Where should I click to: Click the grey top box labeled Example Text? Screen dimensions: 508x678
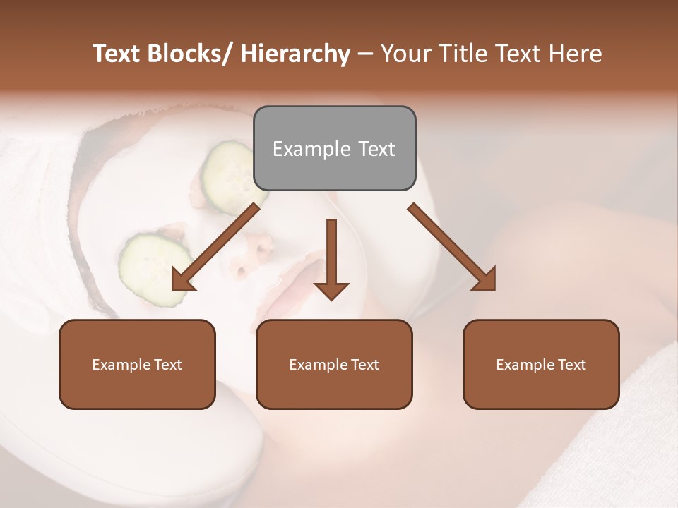click(334, 148)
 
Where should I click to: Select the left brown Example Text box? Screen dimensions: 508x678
click(137, 364)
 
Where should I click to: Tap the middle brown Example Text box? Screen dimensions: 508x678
click(334, 364)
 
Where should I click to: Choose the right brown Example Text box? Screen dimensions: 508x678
click(541, 364)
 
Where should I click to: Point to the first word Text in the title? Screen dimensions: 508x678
click(117, 54)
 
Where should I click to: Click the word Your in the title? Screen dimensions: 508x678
click(404, 54)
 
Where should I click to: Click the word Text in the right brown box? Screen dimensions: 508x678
click(571, 364)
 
